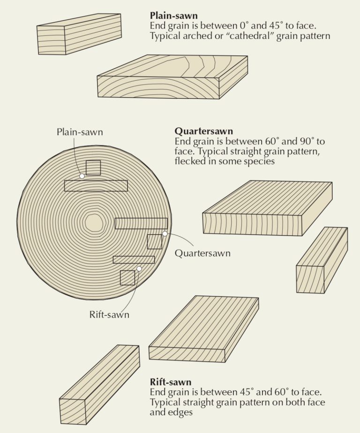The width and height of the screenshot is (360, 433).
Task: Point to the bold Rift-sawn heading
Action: pos(171,381)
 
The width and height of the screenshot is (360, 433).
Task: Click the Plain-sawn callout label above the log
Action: pos(79,132)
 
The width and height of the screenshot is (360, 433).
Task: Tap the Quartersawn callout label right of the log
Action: pos(202,253)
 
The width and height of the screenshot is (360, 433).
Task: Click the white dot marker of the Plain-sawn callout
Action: pos(82,176)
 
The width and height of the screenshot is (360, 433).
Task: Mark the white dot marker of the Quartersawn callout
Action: pos(165,233)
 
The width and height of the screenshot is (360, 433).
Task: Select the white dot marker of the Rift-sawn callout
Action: pos(139,269)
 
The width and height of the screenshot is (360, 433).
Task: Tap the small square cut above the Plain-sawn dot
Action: pos(93,168)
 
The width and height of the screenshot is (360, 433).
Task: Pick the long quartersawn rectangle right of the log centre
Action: pos(141,223)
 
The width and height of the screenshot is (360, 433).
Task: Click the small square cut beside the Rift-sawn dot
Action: pos(127,278)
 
